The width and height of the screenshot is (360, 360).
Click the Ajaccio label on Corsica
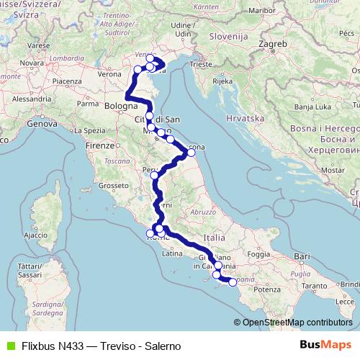pos(35,235)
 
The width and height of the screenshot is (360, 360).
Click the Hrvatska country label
pos(246,117)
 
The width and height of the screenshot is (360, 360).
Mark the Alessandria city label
pos(32,99)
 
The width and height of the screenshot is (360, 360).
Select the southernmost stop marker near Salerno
pos(232,282)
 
